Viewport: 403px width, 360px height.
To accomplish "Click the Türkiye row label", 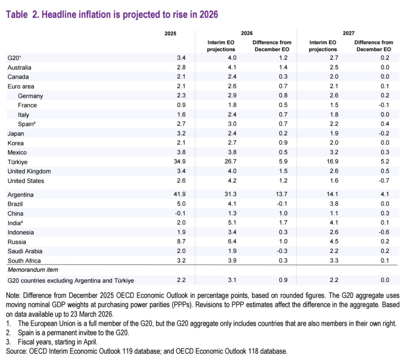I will tap(18, 162).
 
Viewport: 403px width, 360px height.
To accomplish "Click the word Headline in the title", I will tap(58, 15).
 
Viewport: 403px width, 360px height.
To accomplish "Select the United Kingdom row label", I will tap(29, 172).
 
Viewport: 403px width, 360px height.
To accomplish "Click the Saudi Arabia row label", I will tap(25, 251).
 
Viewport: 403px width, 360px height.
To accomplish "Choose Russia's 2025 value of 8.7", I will tap(170, 242).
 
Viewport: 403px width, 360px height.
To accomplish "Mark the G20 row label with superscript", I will tap(15, 58).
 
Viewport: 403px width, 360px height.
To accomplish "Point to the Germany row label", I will tap(30, 96).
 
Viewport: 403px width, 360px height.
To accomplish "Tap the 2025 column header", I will tap(170, 33).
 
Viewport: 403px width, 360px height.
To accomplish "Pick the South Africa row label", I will tap(24, 261).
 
